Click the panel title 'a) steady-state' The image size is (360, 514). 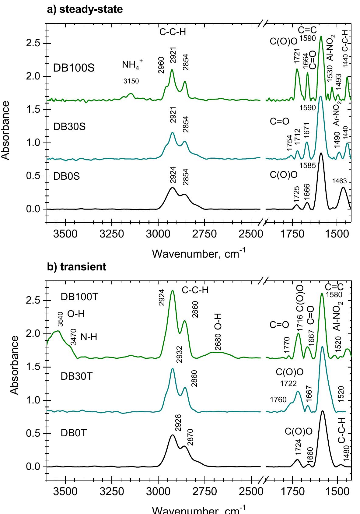click(85, 9)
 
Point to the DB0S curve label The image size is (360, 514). click(67, 176)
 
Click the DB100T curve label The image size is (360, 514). click(80, 297)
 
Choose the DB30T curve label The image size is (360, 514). click(77, 376)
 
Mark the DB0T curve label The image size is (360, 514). click(74, 433)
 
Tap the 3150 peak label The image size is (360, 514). click(131, 81)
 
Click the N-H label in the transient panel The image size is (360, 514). click(89, 337)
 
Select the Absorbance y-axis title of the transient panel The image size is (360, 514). click(14, 365)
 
